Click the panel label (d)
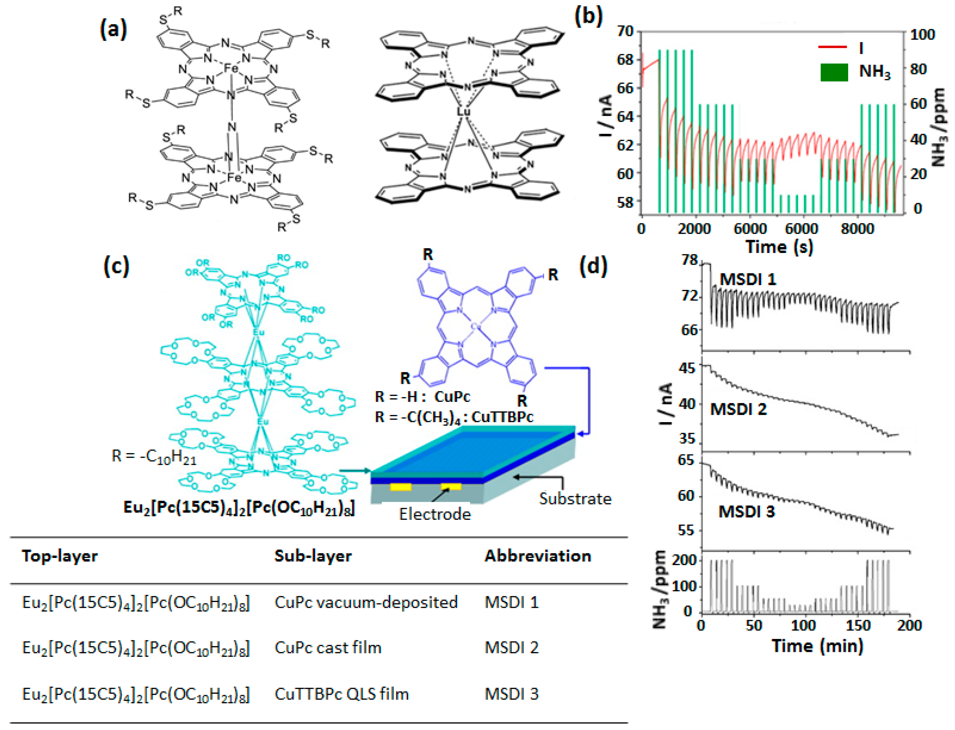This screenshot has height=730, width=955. click(593, 266)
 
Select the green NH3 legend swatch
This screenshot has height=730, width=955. click(834, 72)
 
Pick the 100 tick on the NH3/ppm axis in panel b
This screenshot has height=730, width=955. click(922, 34)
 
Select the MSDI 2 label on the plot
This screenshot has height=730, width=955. click(738, 409)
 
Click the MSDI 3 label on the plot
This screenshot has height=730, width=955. click(746, 512)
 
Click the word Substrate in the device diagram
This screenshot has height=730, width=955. click(575, 499)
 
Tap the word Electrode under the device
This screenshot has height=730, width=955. click(435, 514)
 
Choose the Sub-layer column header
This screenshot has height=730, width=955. click(313, 556)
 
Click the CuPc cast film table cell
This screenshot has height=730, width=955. click(328, 647)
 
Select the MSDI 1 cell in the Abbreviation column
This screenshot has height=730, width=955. click(511, 602)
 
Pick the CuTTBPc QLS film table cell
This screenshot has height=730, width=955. click(342, 694)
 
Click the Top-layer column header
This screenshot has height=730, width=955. click(60, 556)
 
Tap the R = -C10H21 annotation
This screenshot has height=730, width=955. click(154, 457)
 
